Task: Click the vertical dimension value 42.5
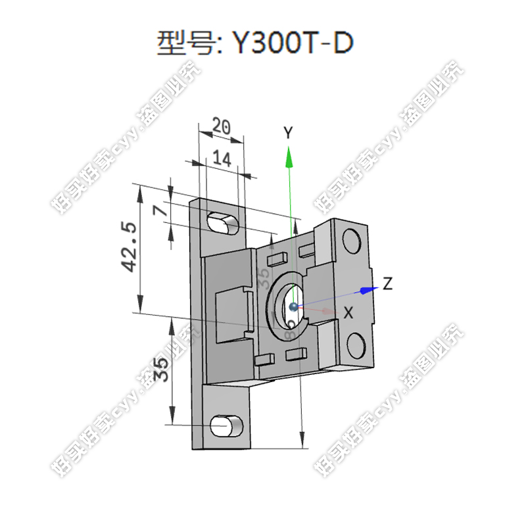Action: pos(128,247)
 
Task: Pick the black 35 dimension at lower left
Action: pos(160,370)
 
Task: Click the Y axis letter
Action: pos(287,133)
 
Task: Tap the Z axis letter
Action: pos(388,284)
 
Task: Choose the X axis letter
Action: pos(349,314)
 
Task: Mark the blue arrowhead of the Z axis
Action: pos(368,289)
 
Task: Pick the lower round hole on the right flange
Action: pos(356,343)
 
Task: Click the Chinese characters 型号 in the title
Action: pos(182,44)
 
